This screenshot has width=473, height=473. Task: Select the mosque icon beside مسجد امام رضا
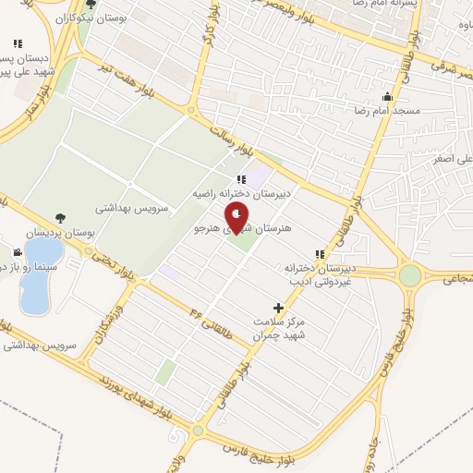pyautogui.click(x=386, y=96)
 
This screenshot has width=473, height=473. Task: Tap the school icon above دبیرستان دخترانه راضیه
pyautogui.click(x=240, y=180)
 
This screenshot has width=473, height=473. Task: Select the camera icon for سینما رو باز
pyautogui.click(x=18, y=252)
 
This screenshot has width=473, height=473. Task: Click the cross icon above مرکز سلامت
pyautogui.click(x=278, y=308)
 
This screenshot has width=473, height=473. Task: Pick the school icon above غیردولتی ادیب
pyautogui.click(x=320, y=254)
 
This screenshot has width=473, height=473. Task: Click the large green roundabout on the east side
pyautogui.click(x=409, y=275)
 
